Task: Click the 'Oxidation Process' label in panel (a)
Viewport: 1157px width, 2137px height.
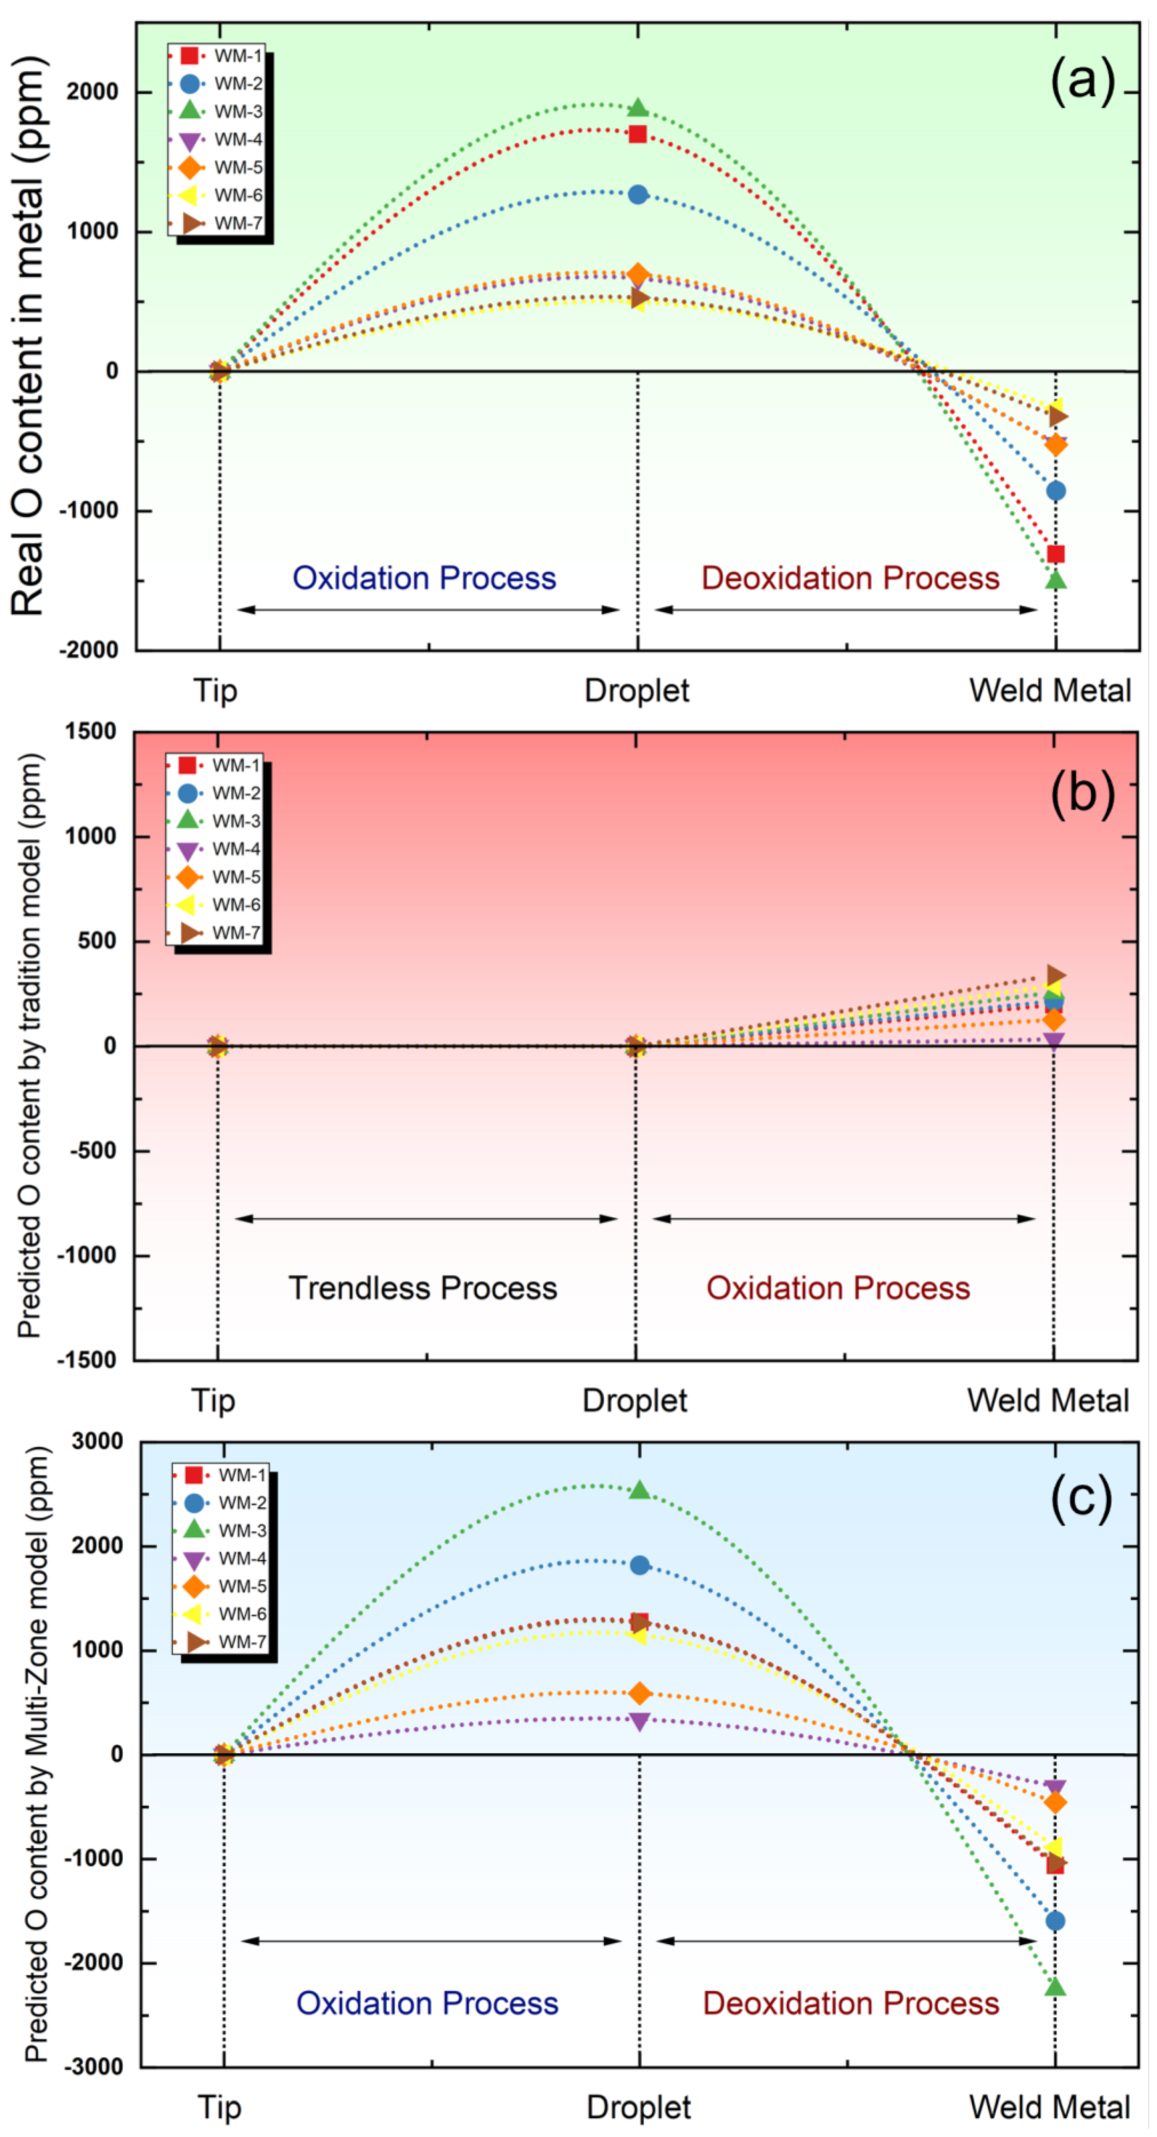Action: click(424, 578)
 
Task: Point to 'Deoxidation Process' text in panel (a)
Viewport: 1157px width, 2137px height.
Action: click(850, 578)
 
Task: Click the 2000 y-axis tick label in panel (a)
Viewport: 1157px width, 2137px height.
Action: click(93, 92)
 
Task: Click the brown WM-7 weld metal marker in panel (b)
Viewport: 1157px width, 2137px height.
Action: click(1055, 976)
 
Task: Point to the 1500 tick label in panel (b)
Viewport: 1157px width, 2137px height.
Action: click(91, 732)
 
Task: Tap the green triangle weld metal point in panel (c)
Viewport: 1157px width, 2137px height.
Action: click(1055, 1986)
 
